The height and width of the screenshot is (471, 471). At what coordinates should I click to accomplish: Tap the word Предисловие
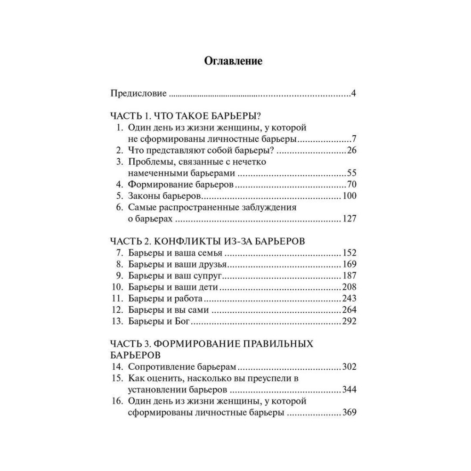[x=138, y=93]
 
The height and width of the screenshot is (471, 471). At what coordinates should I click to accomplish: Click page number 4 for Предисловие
[x=353, y=93]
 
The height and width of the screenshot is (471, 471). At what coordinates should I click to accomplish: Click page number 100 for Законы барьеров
[x=349, y=195]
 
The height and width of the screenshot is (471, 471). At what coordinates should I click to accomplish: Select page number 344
[x=349, y=390]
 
